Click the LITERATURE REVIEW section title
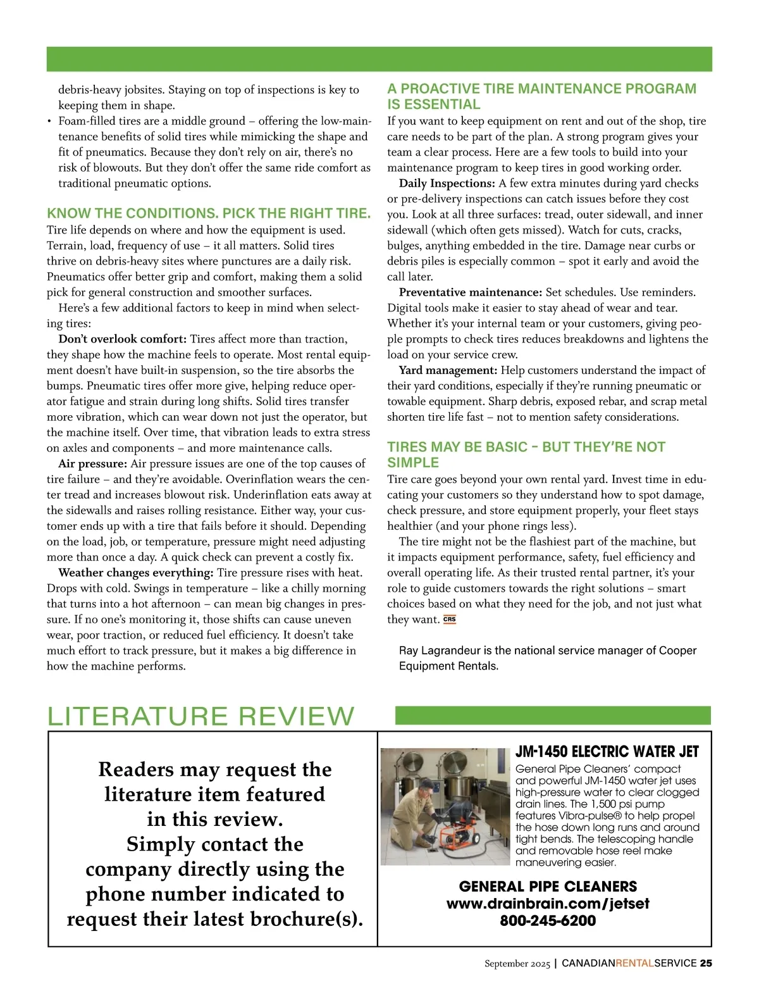coord(201,716)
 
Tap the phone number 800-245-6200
coord(548,921)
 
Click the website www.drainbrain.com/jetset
coord(548,904)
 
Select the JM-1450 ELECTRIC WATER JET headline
coord(607,752)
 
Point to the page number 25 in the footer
coord(706,963)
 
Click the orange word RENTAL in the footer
coord(634,963)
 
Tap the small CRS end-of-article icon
coord(449,620)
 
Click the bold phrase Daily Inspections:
coord(447,184)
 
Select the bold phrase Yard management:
coord(448,370)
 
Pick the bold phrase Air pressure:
coord(92,464)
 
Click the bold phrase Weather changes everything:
coord(135,573)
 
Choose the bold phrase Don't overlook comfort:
coord(122,339)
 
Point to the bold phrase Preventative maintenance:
coord(470,292)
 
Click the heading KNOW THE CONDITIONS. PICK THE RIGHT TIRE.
coord(209,213)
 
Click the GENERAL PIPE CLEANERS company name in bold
coord(548,887)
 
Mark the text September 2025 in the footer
coord(517,964)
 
